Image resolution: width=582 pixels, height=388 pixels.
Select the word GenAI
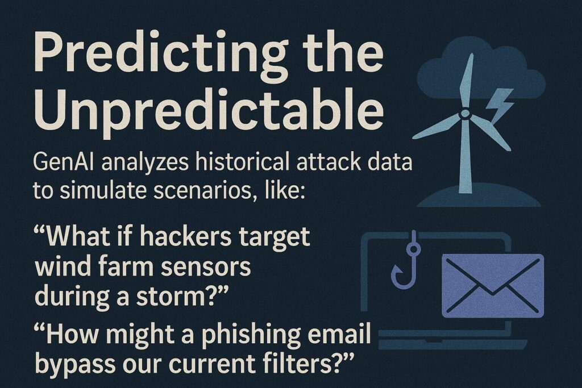coord(64,162)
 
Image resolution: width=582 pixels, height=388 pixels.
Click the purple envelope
coord(492,286)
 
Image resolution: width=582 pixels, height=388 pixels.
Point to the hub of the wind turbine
coord(464,114)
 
